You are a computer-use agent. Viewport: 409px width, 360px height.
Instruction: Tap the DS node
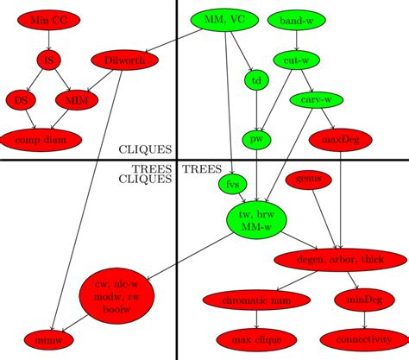pos(20,99)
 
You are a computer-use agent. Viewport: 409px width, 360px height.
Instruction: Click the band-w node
pos(296,19)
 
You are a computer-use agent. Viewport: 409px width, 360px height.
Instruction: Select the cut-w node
pos(296,60)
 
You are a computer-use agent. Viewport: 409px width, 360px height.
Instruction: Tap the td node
pos(256,79)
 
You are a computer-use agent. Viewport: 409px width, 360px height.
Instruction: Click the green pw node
pos(256,138)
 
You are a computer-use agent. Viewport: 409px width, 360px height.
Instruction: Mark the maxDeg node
pos(339,138)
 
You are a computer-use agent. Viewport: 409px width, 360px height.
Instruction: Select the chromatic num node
pos(256,300)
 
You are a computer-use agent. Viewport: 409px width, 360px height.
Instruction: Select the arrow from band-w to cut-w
pos(296,39)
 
